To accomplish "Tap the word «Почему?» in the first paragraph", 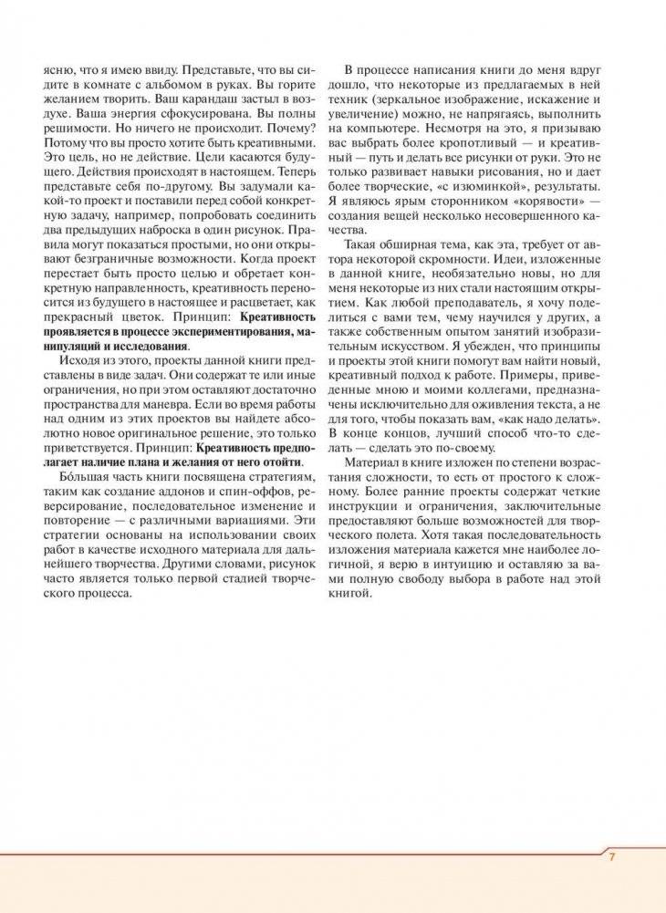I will click(x=290, y=129).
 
